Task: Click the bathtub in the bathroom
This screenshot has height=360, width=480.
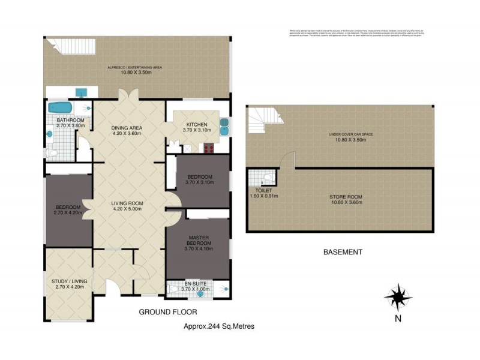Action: click(59, 108)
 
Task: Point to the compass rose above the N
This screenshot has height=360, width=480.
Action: click(395, 296)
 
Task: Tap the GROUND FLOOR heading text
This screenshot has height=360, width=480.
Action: click(167, 312)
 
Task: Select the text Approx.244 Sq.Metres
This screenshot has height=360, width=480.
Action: click(218, 326)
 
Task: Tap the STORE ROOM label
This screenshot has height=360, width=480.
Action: click(344, 197)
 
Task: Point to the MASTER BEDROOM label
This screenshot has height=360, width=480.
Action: click(197, 241)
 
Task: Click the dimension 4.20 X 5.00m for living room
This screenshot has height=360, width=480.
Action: click(126, 210)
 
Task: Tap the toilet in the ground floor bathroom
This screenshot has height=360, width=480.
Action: click(52, 154)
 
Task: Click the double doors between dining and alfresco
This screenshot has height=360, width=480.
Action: click(126, 97)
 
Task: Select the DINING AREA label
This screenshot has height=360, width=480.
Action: click(126, 128)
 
